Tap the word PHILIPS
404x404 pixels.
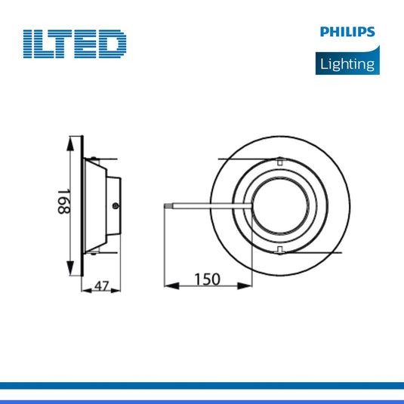(346, 32)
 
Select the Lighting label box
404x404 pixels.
(346, 63)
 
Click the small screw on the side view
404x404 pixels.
(114, 204)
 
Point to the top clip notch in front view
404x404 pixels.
(279, 162)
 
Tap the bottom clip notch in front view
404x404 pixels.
(279, 248)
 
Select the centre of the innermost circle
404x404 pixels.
(279, 205)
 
